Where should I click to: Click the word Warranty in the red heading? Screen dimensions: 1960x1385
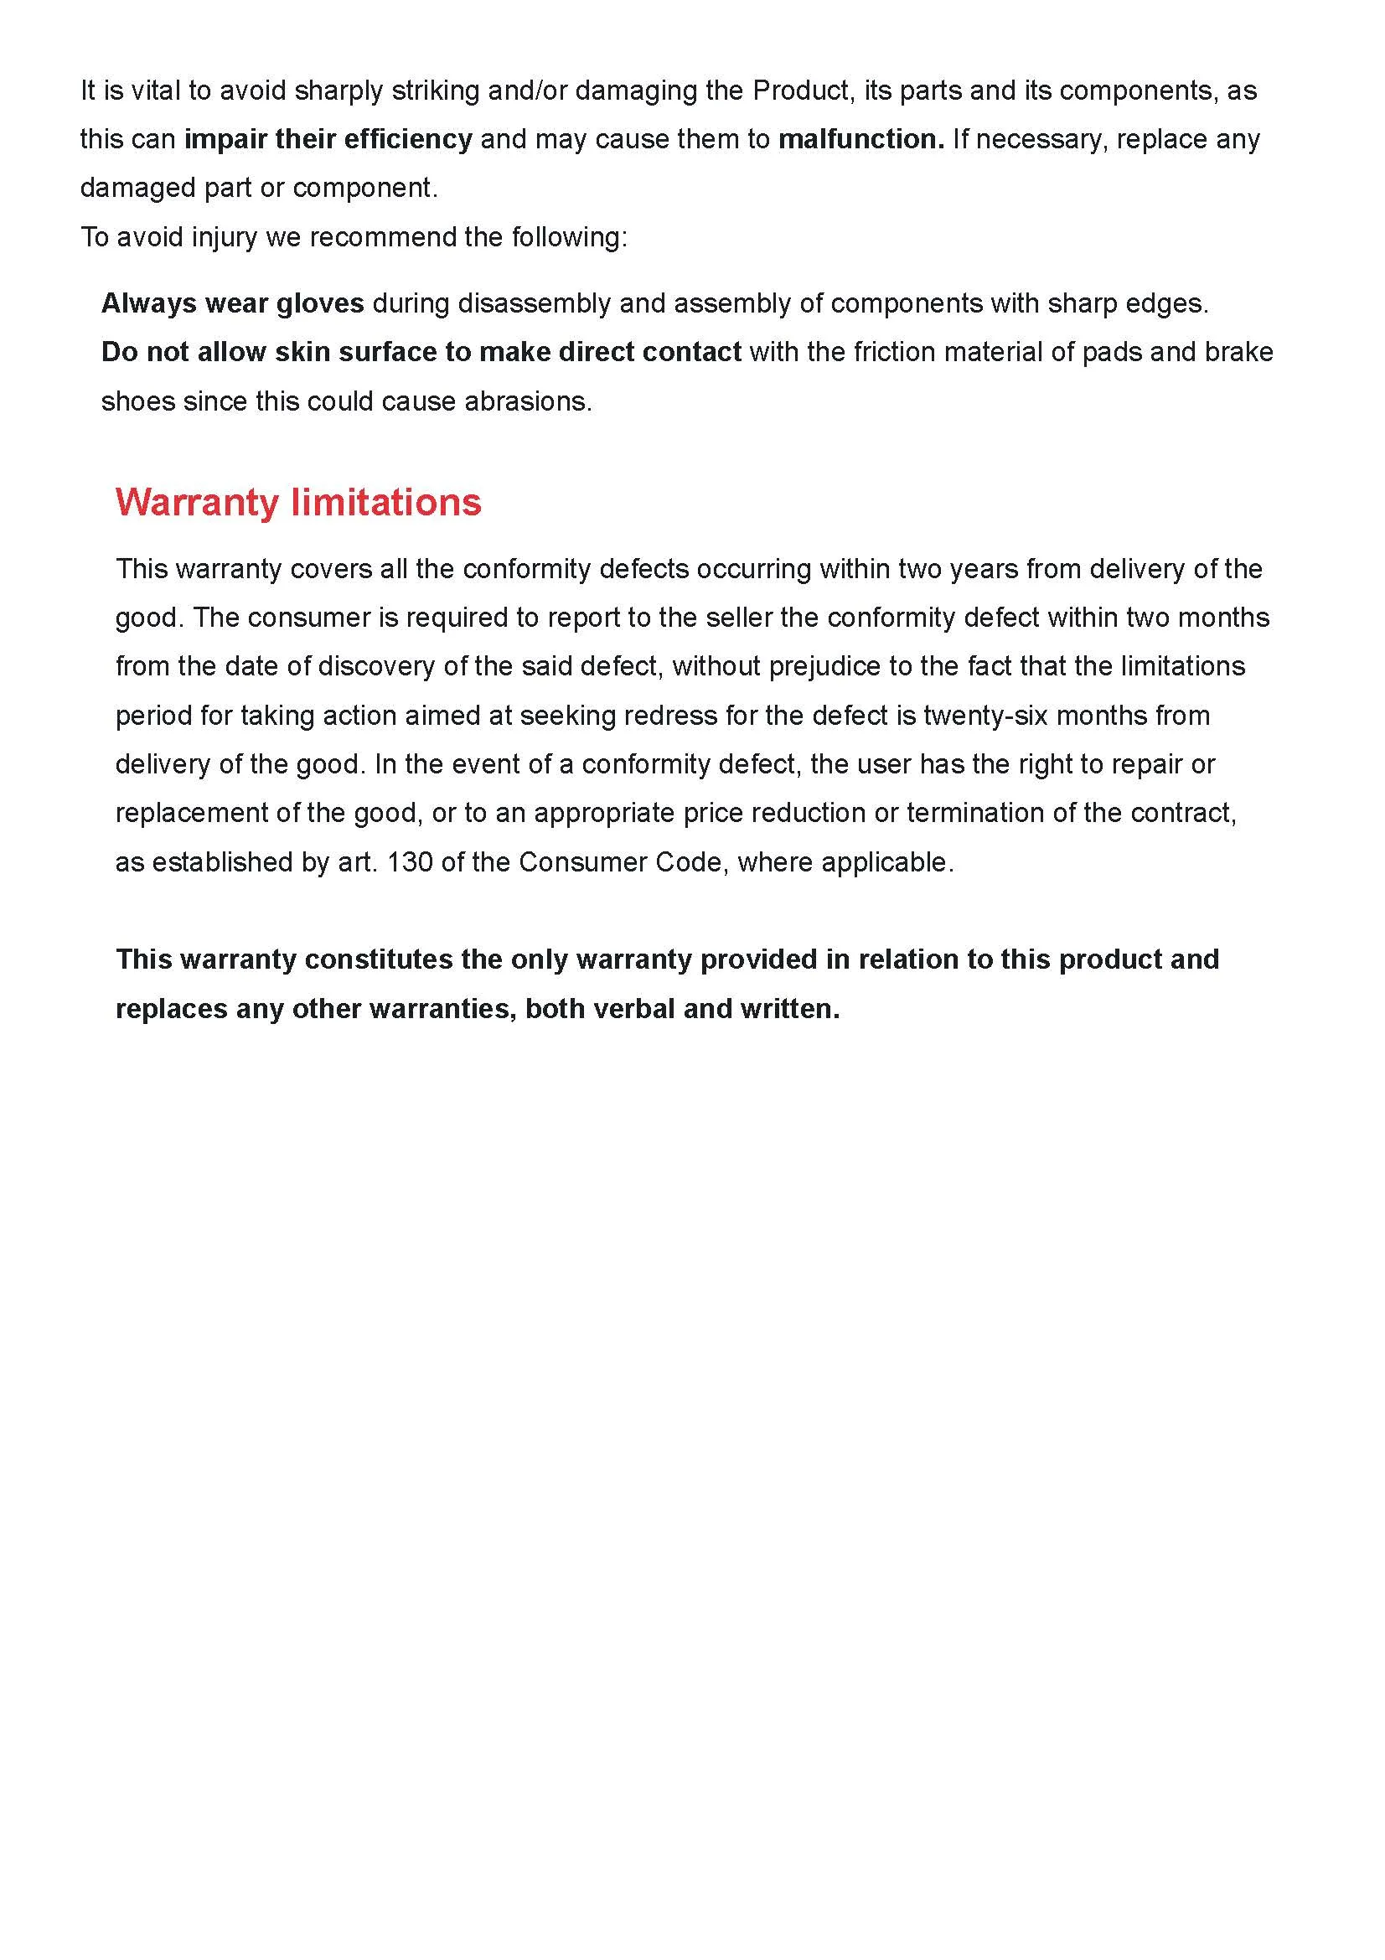tap(196, 502)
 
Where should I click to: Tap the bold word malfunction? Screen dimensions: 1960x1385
tap(861, 139)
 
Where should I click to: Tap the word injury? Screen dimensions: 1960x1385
tap(224, 236)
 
